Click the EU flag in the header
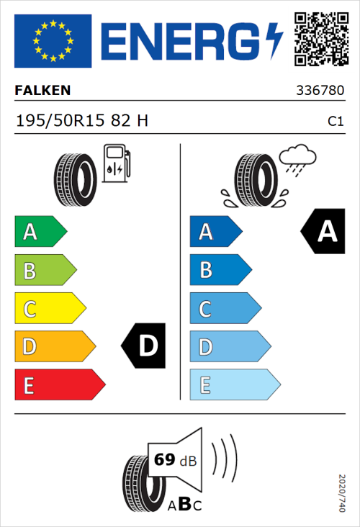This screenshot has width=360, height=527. click(x=53, y=39)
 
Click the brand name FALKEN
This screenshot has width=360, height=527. click(x=42, y=91)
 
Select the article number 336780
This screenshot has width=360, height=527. click(x=320, y=91)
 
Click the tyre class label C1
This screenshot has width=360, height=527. click(x=335, y=122)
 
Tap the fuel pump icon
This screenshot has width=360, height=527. click(x=115, y=164)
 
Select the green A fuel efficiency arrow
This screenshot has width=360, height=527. click(x=40, y=232)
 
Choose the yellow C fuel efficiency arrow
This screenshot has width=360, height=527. click(x=49, y=308)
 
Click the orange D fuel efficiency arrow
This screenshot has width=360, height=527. click(x=54, y=346)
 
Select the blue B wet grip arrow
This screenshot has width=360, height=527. click(x=220, y=270)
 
